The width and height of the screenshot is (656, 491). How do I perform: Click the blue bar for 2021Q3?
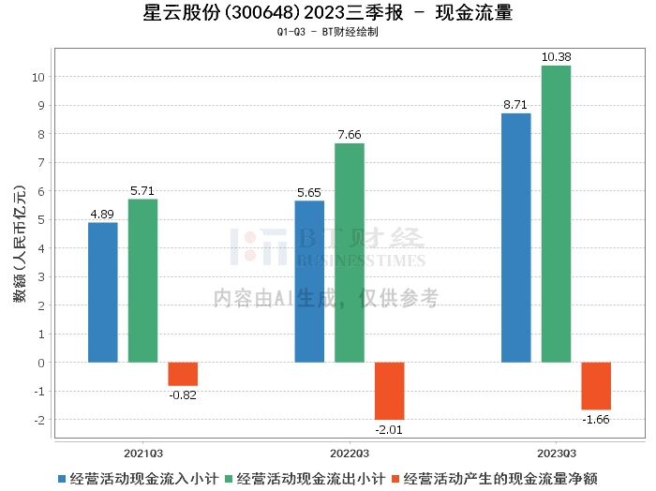pyautogui.click(x=103, y=292)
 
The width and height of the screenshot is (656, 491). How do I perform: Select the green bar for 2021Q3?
pyautogui.click(x=142, y=281)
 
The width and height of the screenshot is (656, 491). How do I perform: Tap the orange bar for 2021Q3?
pyautogui.click(x=183, y=374)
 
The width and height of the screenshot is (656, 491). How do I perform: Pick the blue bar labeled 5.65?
pyautogui.click(x=309, y=281)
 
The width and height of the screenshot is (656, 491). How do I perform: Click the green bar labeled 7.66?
pyautogui.click(x=350, y=253)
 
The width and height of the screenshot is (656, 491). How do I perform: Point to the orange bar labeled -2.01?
pyautogui.click(x=389, y=391)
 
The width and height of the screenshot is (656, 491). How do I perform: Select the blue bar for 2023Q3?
pyautogui.click(x=516, y=238)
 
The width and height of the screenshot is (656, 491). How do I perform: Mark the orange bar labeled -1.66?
pyautogui.click(x=596, y=385)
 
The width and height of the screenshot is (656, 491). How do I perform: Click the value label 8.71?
pyautogui.click(x=516, y=105)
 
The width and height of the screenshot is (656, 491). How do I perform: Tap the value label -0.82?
pyautogui.click(x=183, y=394)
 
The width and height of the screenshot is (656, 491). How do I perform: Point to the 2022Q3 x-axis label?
pyautogui.click(x=349, y=451)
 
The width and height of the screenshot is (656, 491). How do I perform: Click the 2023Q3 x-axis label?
pyautogui.click(x=556, y=451)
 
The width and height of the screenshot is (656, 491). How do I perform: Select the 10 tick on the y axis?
pyautogui.click(x=40, y=77)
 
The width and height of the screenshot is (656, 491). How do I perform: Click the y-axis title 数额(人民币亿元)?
pyautogui.click(x=18, y=247)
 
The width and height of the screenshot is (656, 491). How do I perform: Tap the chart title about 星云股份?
pyautogui.click(x=328, y=13)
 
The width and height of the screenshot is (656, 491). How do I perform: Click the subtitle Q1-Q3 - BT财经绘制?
pyautogui.click(x=328, y=32)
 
